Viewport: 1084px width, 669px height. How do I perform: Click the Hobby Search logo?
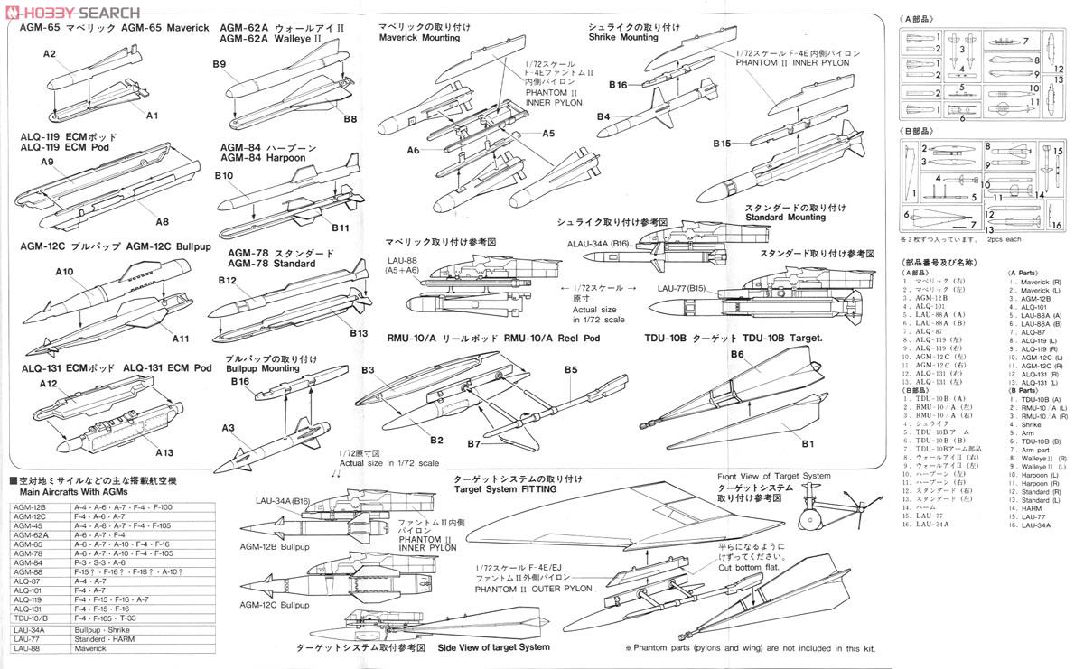(x=72, y=12)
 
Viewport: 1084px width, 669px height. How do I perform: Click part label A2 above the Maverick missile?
(x=50, y=54)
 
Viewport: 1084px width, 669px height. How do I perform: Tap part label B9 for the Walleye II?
(x=220, y=64)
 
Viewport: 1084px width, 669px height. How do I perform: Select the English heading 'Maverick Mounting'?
(x=419, y=38)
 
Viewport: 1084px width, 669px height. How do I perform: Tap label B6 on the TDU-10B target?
(x=737, y=355)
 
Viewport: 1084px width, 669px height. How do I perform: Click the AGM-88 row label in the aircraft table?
(x=29, y=571)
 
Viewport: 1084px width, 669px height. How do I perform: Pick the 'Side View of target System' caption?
(x=493, y=647)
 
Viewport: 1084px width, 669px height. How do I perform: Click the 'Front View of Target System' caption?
(x=773, y=476)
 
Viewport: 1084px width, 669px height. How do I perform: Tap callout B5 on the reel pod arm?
(x=571, y=369)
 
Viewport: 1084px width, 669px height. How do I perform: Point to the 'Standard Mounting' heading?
(x=785, y=217)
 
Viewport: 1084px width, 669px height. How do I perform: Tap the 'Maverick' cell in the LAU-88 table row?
(x=90, y=648)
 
